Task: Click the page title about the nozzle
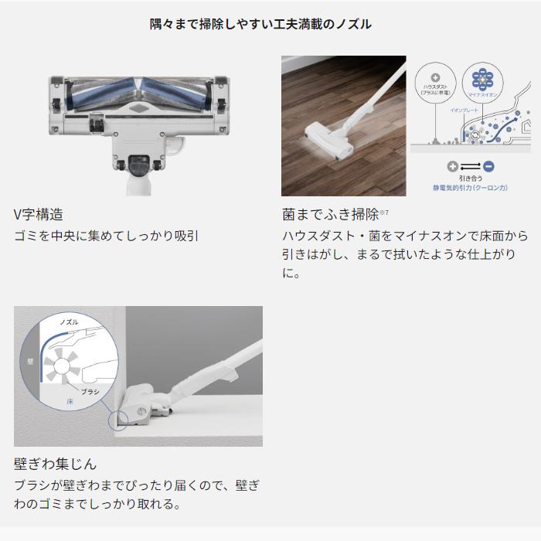click(260, 24)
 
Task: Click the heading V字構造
click(39, 214)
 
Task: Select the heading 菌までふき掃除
click(330, 214)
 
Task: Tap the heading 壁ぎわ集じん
click(56, 464)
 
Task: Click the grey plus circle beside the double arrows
click(453, 166)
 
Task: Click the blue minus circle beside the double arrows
click(488, 166)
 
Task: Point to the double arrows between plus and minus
click(470, 166)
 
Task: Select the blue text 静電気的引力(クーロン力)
click(470, 187)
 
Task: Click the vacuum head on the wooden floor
click(325, 138)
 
